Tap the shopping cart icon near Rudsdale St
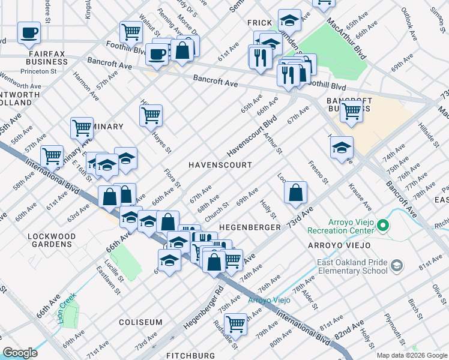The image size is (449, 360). click(x=235, y=323)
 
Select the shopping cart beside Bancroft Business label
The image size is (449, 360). click(x=351, y=110)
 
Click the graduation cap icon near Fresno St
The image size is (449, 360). click(x=342, y=147)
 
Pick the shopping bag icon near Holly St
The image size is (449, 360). click(x=295, y=192)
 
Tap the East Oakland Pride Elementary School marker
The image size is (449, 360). click(x=396, y=265)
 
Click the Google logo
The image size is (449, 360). click(x=20, y=353)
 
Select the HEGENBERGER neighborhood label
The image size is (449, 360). click(x=250, y=228)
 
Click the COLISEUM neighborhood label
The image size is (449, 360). click(x=140, y=322)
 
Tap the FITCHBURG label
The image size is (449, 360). click(x=190, y=356)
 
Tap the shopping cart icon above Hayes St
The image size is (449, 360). click(x=151, y=115)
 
